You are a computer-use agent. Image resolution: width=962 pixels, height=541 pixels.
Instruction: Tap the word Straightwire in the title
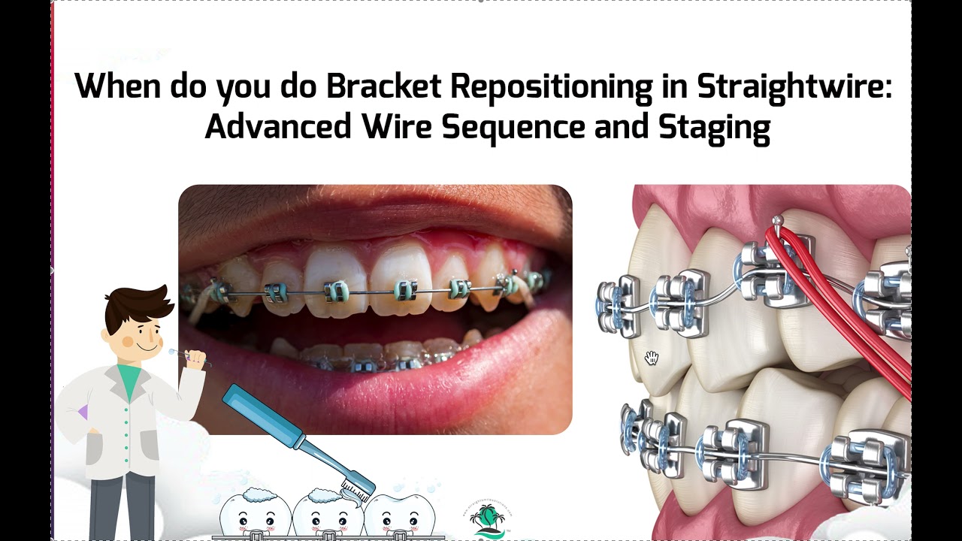tap(794, 88)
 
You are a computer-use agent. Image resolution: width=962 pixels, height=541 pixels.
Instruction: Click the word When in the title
tap(118, 88)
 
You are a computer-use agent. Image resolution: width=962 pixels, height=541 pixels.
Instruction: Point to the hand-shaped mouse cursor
tap(652, 358)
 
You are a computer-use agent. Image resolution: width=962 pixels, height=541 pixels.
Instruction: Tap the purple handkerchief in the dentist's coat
tap(83, 412)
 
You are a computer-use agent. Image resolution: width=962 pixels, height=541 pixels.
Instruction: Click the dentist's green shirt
tap(129, 379)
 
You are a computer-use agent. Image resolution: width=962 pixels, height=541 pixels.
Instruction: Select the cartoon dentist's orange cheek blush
tap(128, 342)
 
